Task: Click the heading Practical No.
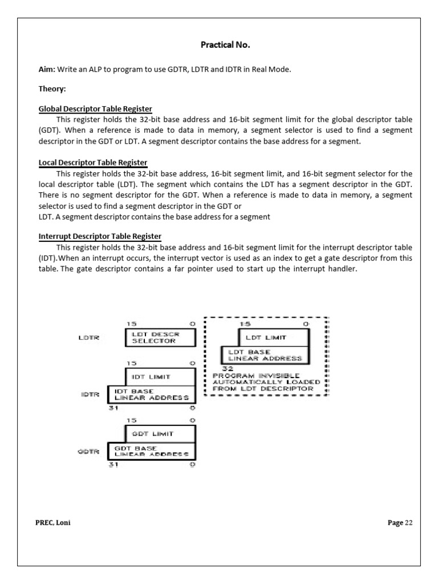219,44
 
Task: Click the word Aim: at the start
47,70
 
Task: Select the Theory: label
52,90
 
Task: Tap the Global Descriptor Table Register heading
95,109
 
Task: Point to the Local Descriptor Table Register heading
92,163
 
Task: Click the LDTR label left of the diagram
88,338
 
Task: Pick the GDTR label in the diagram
88,452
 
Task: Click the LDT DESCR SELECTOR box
160,338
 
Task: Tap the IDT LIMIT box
160,376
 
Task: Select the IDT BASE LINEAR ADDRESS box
151,395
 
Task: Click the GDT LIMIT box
160,433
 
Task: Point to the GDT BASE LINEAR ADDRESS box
151,452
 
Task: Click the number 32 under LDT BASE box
226,369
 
